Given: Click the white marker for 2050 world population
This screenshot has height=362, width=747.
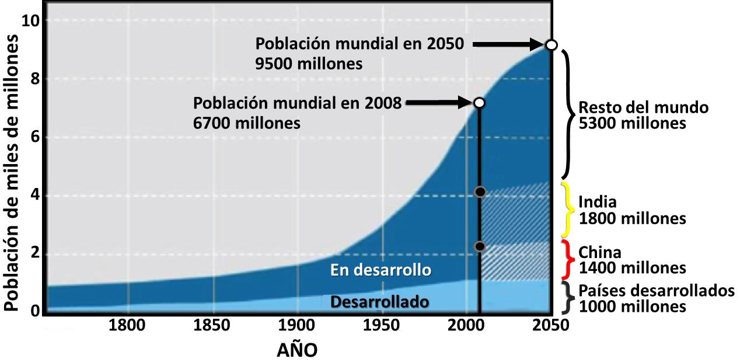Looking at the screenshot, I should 550,45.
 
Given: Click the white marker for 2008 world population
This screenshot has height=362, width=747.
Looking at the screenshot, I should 479,103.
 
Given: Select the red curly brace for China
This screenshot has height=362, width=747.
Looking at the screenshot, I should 566,259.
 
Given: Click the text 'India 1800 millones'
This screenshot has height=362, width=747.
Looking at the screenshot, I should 631,210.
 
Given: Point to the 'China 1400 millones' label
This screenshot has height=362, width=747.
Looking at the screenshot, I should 631,260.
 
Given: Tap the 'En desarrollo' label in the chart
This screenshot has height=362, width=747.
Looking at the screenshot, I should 381,270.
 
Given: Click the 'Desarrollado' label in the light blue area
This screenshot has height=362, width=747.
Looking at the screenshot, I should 379,302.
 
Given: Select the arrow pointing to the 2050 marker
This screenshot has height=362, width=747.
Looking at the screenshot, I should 508,44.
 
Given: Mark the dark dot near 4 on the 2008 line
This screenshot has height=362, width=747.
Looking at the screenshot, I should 480,192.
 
